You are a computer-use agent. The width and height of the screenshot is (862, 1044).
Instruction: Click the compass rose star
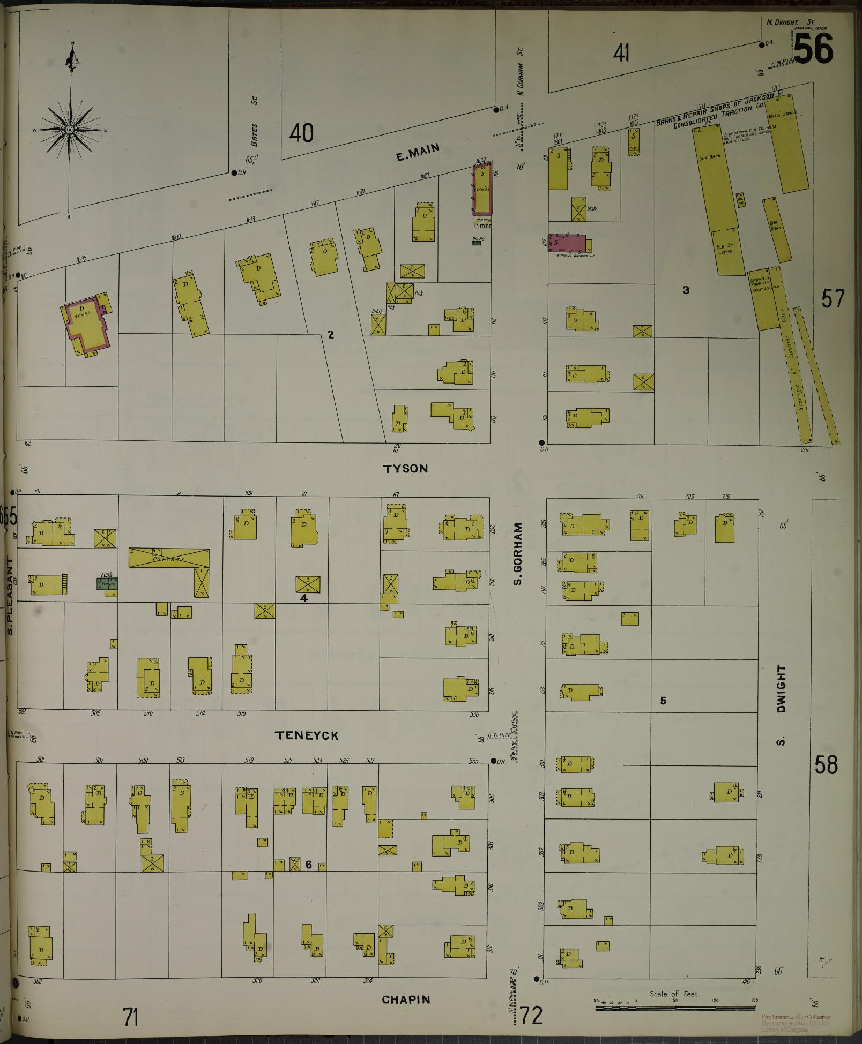70,130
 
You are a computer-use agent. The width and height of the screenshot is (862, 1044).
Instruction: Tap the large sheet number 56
813,49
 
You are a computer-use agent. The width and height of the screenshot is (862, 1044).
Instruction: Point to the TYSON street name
405,469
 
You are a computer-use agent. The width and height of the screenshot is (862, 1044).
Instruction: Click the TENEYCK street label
307,735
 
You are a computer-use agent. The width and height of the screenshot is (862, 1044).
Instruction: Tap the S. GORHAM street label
518,554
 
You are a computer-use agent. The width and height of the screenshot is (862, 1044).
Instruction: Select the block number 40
301,133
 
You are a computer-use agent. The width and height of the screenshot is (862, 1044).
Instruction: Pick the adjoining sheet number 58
826,765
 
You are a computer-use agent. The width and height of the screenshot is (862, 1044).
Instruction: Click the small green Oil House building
475,243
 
